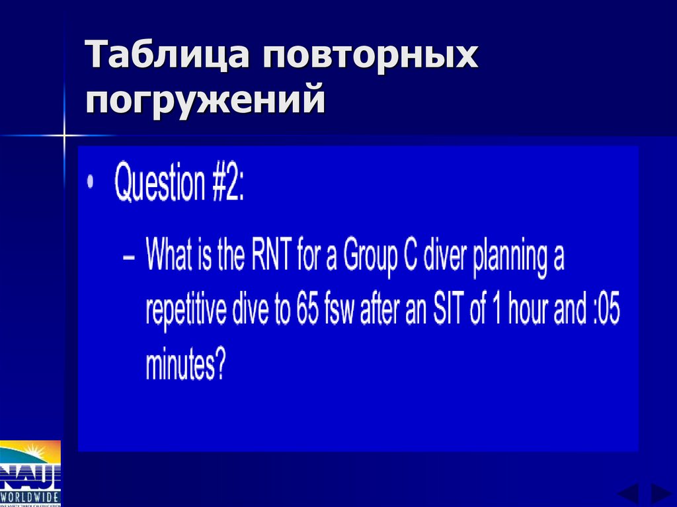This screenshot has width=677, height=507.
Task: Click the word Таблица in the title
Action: click(x=168, y=56)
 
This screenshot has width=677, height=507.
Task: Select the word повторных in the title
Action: click(x=370, y=56)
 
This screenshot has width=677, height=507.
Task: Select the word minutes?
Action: click(x=185, y=364)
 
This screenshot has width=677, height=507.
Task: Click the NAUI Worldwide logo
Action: click(x=30, y=472)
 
